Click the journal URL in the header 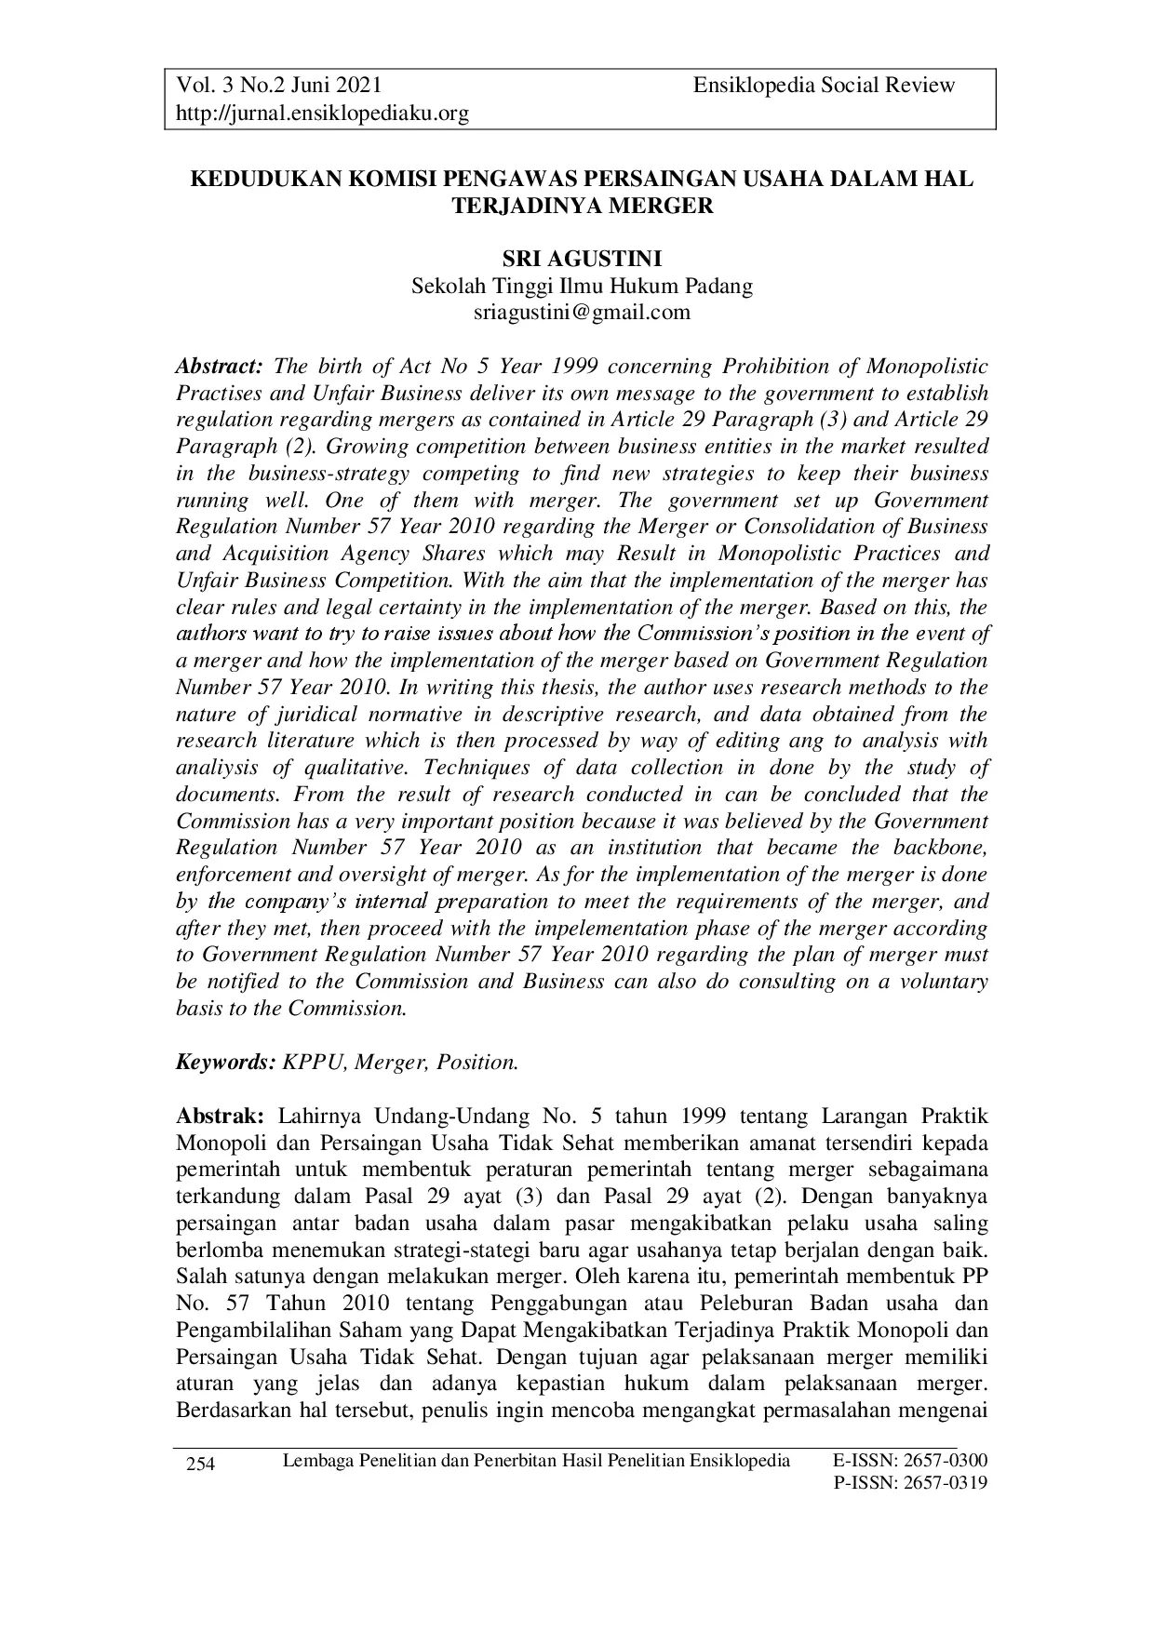point(322,114)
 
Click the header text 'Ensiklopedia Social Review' point(824,86)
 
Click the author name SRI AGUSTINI point(582,260)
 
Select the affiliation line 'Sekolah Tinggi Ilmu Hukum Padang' point(582,286)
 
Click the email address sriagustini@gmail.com point(582,312)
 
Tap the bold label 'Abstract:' point(221,366)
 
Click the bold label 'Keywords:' point(226,1062)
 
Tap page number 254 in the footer point(202,1465)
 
